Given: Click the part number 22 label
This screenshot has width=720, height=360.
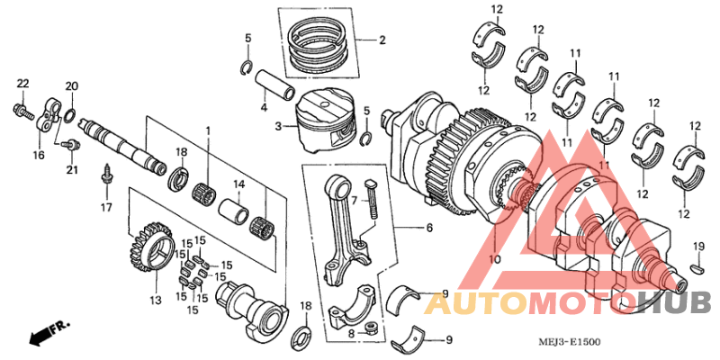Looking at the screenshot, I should coord(22,84).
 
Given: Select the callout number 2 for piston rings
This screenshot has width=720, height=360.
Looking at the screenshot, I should coord(382,40).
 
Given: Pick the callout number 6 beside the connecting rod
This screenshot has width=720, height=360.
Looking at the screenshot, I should coord(429,229).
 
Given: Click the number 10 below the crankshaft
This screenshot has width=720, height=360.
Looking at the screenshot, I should coord(494,259).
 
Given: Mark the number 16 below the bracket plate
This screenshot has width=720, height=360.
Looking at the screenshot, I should coord(39,155).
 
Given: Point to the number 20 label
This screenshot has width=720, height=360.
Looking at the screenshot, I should coord(71,86).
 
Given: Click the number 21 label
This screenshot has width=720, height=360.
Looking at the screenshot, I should coord(71,170).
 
